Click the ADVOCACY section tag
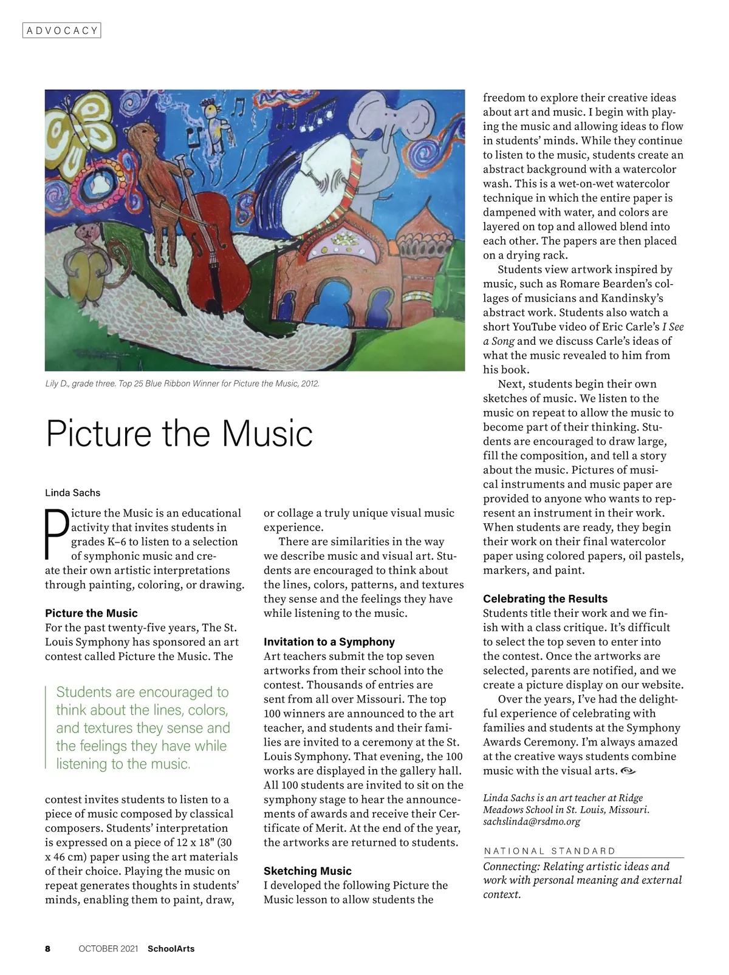point(61,30)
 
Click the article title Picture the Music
point(179,433)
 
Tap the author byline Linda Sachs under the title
point(73,492)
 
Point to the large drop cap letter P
point(56,534)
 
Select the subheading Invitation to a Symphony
point(329,642)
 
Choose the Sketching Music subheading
point(307,871)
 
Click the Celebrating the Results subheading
point(545,599)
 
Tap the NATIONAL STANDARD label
point(550,851)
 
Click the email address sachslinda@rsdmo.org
point(532,821)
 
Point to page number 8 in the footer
point(48,948)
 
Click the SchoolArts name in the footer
point(171,948)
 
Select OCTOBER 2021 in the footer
point(108,948)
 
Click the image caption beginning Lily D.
point(182,384)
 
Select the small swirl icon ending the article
point(628,771)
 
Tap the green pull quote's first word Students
point(84,692)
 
